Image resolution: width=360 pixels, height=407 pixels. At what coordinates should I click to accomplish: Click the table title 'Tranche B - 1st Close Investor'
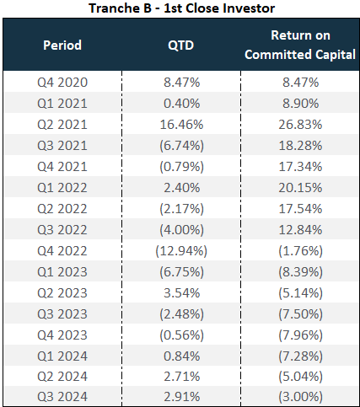tap(182, 8)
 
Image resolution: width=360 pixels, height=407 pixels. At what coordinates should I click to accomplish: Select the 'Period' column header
tap(62, 45)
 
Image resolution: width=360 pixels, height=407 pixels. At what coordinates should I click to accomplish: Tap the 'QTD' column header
tap(181, 46)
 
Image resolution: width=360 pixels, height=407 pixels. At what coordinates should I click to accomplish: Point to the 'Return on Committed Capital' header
tap(300, 45)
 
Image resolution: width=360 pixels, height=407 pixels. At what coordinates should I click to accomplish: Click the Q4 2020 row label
tap(62, 83)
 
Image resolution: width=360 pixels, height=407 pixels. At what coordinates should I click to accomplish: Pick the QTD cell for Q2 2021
tap(181, 125)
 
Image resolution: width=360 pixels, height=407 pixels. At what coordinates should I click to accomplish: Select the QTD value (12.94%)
tap(181, 251)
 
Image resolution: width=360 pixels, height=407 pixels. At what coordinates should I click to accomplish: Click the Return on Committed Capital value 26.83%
tap(300, 125)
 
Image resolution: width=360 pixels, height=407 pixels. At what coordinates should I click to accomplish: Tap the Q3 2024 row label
tap(62, 397)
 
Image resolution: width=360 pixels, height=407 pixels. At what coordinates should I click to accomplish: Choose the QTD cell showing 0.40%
tap(181, 104)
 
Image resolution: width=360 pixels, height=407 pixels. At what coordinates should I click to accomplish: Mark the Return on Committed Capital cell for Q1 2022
tap(300, 188)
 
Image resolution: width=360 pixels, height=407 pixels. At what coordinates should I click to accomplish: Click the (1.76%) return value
tap(300, 251)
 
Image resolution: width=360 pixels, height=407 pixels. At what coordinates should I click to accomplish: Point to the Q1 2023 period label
tap(62, 272)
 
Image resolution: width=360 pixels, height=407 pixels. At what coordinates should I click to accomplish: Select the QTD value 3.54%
tap(181, 293)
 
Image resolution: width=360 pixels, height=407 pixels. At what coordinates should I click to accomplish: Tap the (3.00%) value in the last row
tap(300, 397)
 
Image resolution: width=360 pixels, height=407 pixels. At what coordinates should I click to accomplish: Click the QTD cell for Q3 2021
tap(181, 146)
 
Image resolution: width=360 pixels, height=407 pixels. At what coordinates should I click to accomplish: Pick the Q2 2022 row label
tap(62, 209)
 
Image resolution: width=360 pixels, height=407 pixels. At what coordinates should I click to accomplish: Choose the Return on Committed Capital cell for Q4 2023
tap(300, 335)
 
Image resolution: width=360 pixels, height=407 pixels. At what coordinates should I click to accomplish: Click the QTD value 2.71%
tap(181, 377)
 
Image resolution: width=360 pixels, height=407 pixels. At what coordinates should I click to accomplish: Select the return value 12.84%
tap(300, 230)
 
